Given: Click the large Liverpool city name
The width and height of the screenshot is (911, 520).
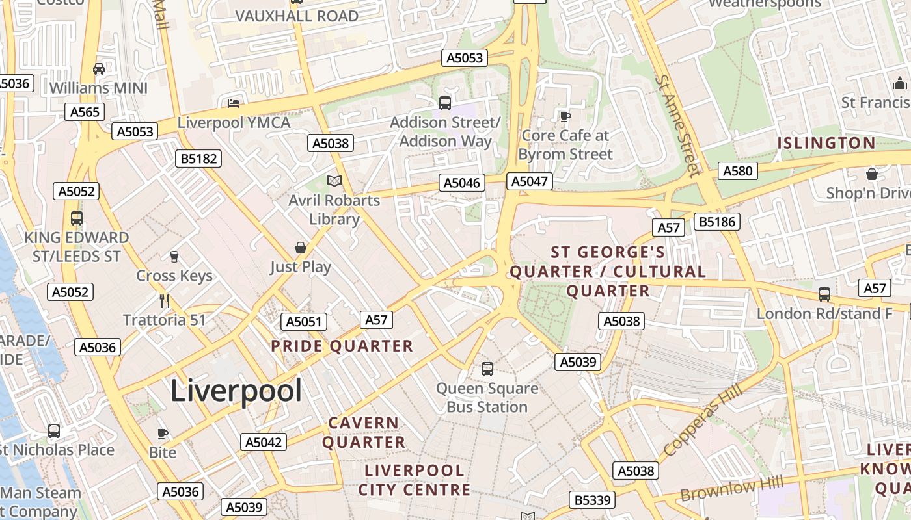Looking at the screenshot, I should [236, 391].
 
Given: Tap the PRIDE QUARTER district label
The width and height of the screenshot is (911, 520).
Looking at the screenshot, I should [342, 346].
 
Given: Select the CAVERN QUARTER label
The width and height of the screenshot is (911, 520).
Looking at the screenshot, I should [364, 432].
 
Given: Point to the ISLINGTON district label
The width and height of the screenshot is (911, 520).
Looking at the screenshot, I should [826, 143].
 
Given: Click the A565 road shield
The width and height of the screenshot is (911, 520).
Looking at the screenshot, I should [85, 112].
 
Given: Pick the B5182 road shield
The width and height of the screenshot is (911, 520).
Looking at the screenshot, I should [198, 159].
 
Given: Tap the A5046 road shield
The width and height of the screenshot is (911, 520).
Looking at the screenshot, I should [462, 183].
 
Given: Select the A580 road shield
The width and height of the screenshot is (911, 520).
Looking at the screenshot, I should [738, 171].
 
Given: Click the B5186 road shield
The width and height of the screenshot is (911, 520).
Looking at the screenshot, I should [716, 222].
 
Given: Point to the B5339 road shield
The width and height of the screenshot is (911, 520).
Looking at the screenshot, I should [592, 500].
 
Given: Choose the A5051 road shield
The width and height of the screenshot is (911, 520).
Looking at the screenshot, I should [304, 322].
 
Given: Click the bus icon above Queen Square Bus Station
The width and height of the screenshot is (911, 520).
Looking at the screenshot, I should [487, 369].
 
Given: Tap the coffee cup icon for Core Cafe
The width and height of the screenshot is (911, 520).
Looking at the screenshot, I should [565, 116].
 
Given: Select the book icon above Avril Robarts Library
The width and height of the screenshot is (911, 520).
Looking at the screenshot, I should [334, 181].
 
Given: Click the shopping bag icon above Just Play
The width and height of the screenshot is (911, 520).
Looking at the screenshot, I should [300, 248].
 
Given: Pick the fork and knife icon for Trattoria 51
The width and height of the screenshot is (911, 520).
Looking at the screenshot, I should [165, 300].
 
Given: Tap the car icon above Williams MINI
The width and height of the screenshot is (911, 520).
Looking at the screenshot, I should [99, 68].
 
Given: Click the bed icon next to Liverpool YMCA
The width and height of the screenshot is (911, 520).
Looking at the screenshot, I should [234, 103].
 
